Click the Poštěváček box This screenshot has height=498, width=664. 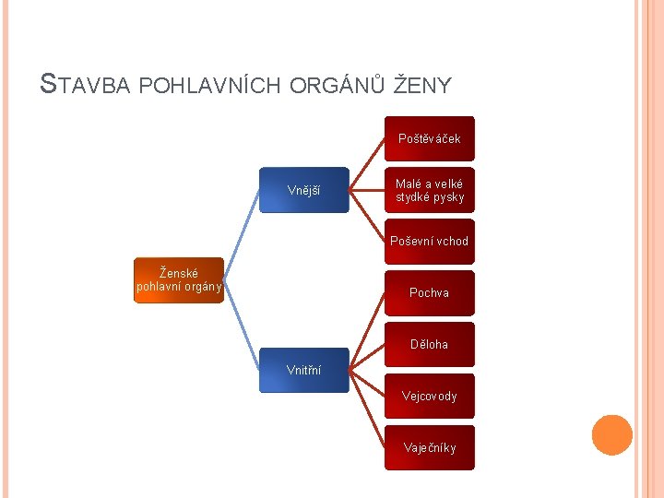(x=430, y=138)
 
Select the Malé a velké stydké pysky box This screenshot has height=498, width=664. (x=430, y=190)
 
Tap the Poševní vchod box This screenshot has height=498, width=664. (x=430, y=242)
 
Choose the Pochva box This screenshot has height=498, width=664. (x=430, y=293)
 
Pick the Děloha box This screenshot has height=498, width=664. (x=430, y=345)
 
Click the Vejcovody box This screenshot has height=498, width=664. (x=430, y=397)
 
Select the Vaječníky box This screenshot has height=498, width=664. (x=430, y=448)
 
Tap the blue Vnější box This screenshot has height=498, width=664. (x=303, y=190)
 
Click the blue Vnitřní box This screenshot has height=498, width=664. (x=303, y=370)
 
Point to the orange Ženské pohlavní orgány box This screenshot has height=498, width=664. (x=179, y=280)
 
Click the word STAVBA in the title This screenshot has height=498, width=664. (x=88, y=86)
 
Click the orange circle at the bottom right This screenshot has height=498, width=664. (x=612, y=435)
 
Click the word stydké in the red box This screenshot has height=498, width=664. (x=414, y=197)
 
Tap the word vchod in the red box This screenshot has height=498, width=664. (x=451, y=242)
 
